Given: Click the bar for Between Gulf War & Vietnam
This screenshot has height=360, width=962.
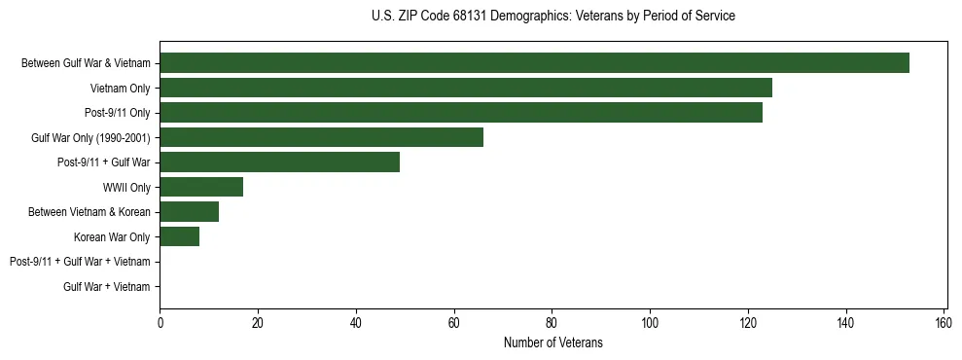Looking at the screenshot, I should click(x=534, y=63).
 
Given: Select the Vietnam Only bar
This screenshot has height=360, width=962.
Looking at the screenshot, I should click(x=466, y=88).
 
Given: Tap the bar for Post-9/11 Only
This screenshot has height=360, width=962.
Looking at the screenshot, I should click(x=461, y=113).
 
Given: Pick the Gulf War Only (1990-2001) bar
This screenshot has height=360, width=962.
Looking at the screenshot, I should click(x=321, y=137).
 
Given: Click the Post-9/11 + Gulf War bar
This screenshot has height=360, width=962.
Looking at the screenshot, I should click(x=279, y=162).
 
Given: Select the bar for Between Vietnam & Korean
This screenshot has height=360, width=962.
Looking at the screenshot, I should click(x=189, y=211).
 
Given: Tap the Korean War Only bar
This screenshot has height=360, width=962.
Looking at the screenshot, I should click(x=179, y=236).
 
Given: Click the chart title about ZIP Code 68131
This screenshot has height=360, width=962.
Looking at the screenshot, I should click(x=552, y=17).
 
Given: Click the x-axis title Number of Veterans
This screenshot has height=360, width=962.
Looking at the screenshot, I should click(x=552, y=342).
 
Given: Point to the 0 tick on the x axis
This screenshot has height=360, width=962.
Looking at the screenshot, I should click(x=160, y=323).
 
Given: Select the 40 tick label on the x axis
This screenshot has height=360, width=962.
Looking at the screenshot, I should click(x=356, y=323).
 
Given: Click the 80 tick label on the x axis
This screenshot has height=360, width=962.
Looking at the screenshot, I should click(x=552, y=323).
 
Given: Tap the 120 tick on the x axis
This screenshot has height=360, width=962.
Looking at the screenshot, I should click(x=748, y=323).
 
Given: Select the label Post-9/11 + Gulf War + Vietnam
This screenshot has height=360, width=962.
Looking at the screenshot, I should click(x=80, y=262).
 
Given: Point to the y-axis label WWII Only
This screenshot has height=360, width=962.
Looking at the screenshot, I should click(x=126, y=187).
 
